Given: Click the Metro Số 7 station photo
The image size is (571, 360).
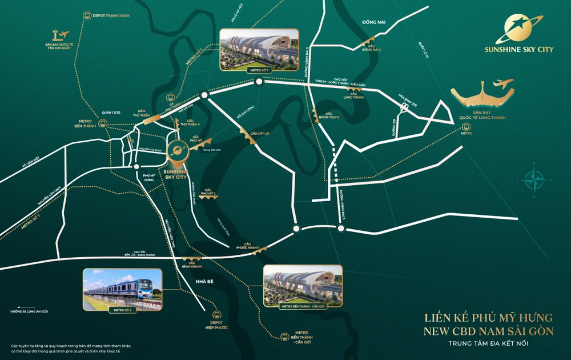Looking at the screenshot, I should point(259,50).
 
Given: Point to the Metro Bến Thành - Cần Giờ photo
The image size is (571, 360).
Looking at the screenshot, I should point(303,285).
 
